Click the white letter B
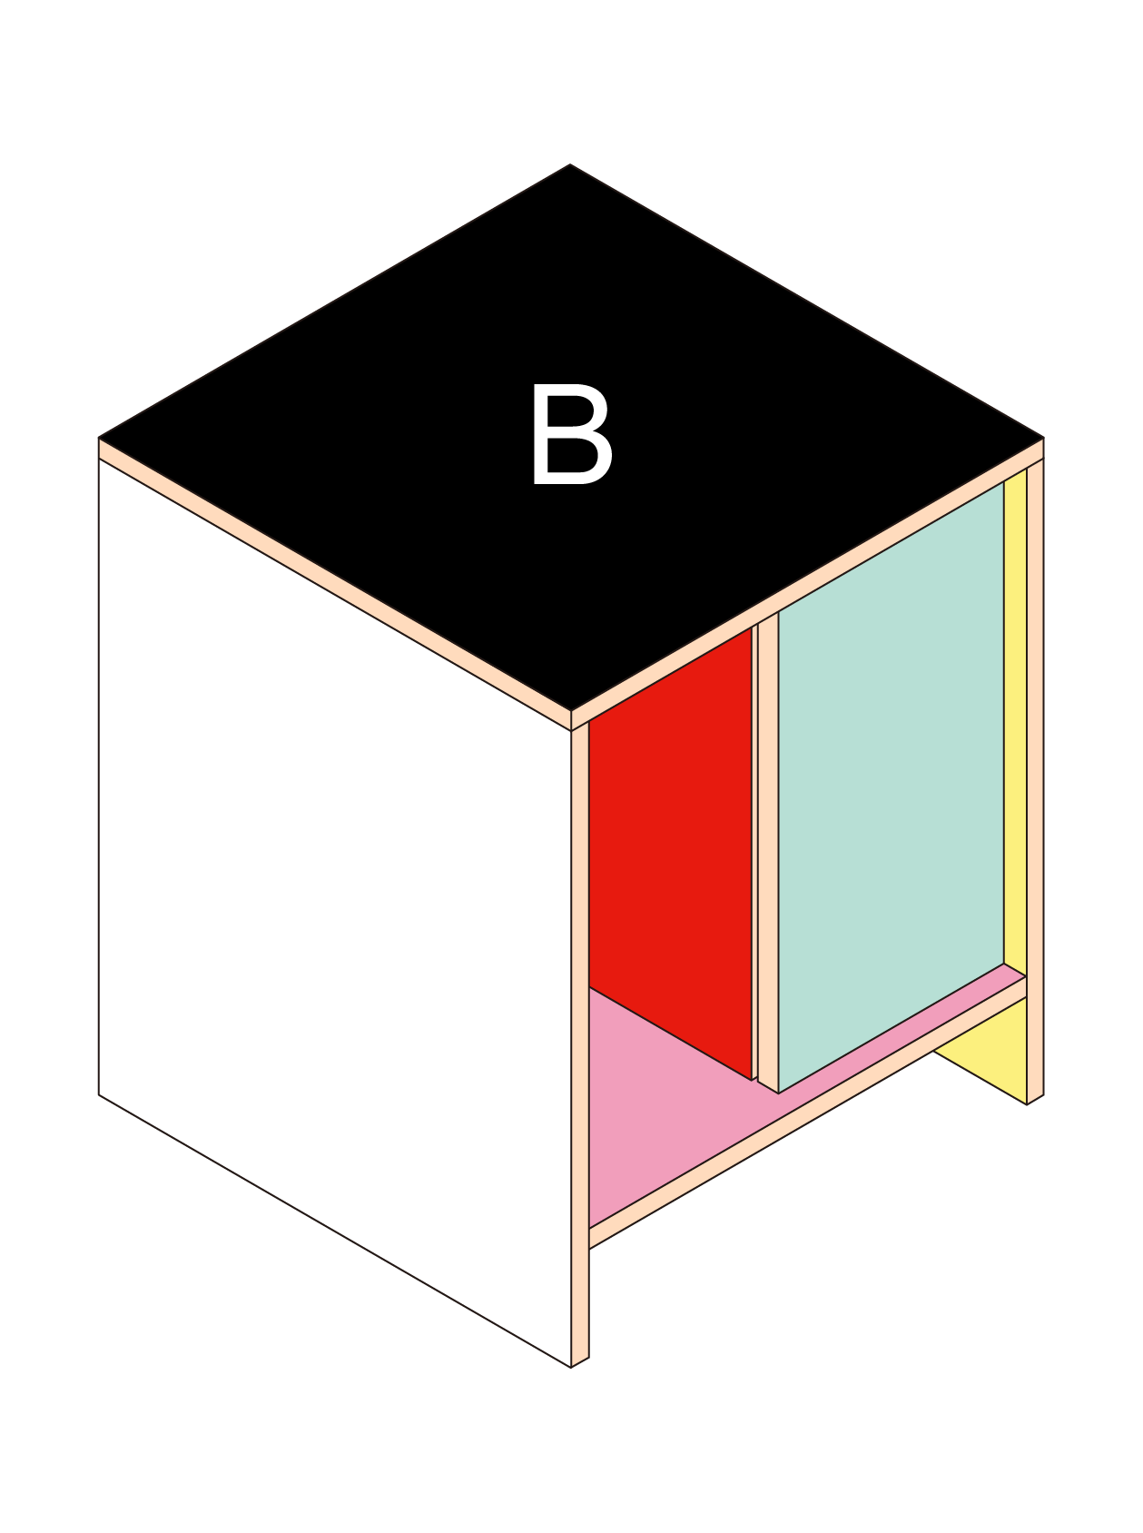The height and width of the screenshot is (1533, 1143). coord(571,435)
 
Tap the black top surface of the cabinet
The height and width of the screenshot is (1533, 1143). coord(454,363)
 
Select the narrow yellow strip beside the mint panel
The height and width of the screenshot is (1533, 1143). coord(1015,727)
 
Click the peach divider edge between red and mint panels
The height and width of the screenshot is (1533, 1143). coord(768,854)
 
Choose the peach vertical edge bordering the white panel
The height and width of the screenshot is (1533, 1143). coord(580,1044)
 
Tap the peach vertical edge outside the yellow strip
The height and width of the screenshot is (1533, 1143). coord(1035,772)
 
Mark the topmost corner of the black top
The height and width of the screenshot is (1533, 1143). coord(570,165)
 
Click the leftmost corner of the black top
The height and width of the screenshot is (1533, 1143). coord(100,438)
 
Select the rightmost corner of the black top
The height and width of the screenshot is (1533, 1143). coord(1042,438)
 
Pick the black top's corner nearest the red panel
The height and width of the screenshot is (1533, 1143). coord(570,709)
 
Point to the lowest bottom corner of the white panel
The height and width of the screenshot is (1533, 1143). coord(570,1366)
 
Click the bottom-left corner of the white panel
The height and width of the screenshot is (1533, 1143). coord(99,1093)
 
